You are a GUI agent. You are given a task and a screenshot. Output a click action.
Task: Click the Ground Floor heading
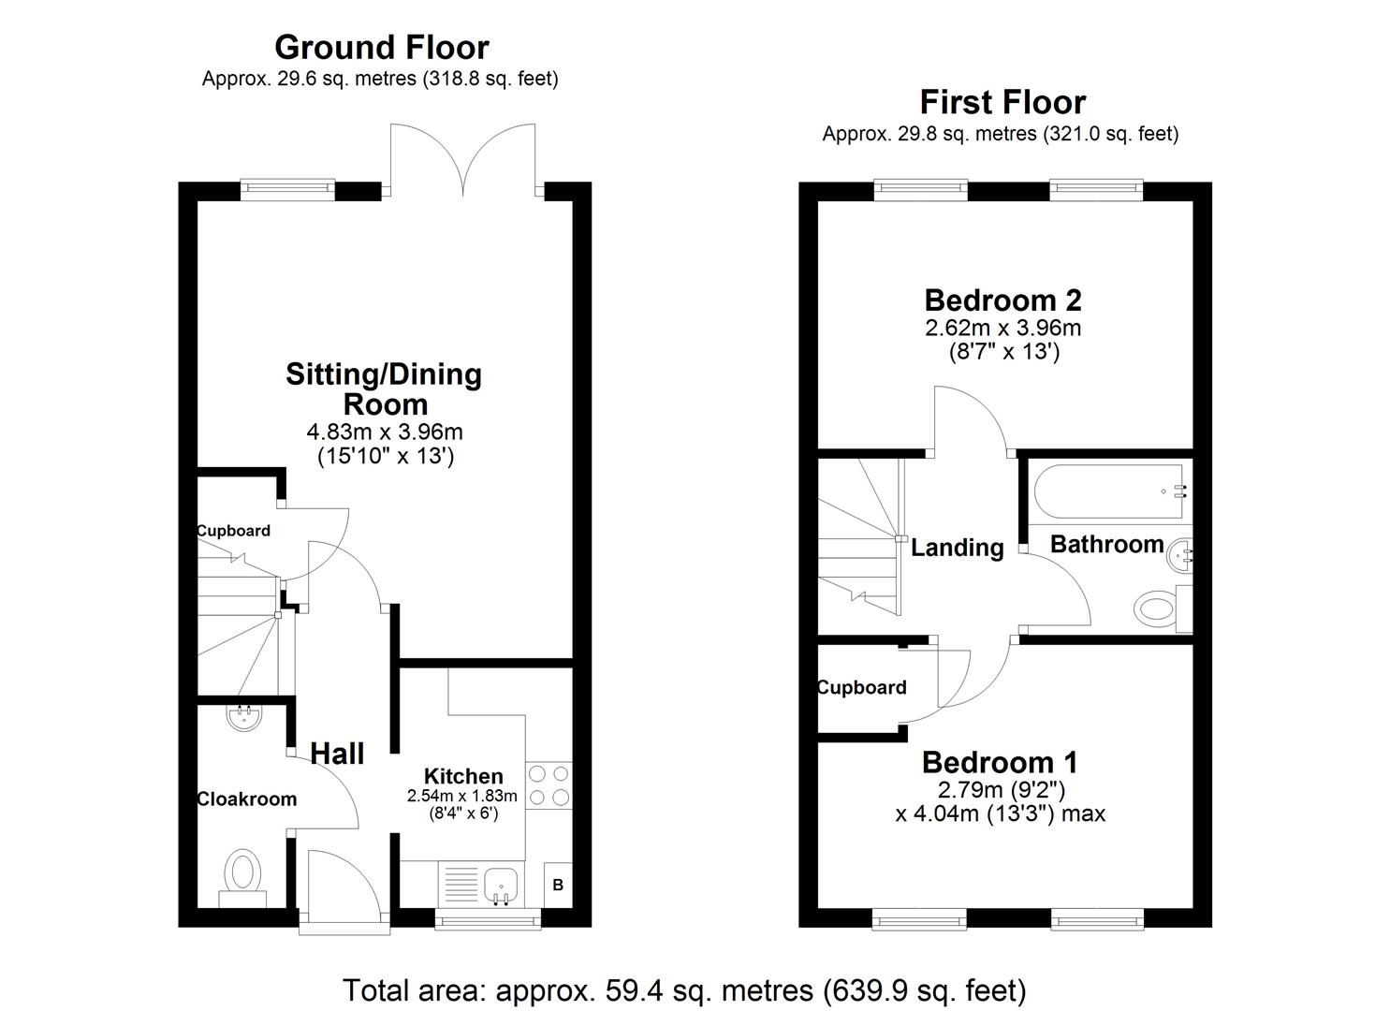381,47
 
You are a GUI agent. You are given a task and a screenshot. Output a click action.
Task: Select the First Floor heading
1002,101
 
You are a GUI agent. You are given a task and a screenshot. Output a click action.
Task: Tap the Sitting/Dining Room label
384,389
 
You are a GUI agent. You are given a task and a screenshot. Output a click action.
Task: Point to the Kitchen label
463,776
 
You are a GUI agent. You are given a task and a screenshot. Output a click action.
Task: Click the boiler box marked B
558,885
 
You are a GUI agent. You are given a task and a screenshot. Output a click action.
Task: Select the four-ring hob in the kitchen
549,785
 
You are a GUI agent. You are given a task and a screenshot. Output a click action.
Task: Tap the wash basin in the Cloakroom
244,718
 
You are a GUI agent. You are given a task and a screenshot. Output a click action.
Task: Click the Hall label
337,754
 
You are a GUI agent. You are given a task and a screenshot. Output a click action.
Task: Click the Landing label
957,548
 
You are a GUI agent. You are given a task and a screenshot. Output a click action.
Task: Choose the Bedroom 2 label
1002,300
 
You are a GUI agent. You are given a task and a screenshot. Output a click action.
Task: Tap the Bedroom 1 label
1000,762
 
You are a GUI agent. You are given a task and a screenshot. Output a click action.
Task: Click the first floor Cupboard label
862,688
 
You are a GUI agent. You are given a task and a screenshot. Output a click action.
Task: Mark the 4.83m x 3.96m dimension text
385,432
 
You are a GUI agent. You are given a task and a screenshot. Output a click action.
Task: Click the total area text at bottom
684,989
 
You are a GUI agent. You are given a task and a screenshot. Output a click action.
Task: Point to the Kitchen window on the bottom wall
489,921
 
